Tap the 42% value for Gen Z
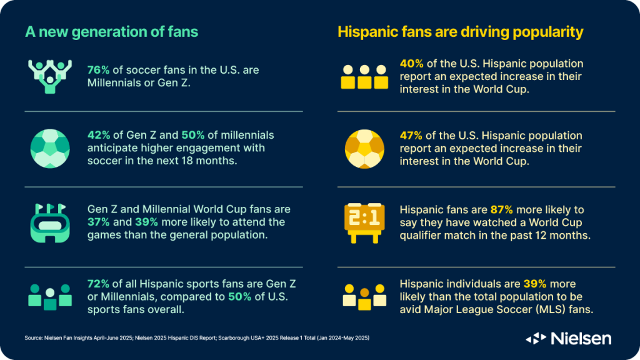click(97, 136)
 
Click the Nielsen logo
click(569, 338)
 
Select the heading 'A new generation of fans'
click(112, 32)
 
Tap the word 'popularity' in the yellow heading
click(549, 32)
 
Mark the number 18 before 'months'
click(176, 160)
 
